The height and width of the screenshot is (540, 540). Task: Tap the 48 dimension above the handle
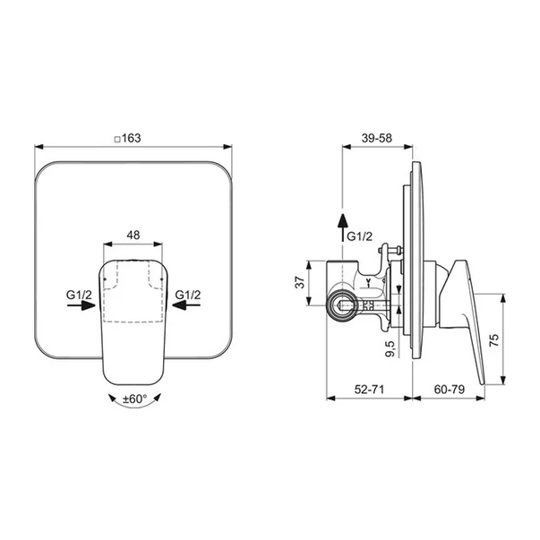(133, 235)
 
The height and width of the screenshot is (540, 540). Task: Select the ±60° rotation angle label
(135, 399)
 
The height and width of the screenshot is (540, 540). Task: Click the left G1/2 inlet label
(79, 295)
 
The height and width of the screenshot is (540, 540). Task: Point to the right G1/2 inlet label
(188, 295)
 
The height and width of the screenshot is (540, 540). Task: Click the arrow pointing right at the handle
(81, 305)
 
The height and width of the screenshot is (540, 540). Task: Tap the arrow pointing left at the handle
(186, 305)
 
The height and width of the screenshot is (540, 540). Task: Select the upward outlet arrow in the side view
(342, 227)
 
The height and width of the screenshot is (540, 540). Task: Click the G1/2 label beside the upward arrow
(359, 236)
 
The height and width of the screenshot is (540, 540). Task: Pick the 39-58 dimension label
(377, 138)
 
